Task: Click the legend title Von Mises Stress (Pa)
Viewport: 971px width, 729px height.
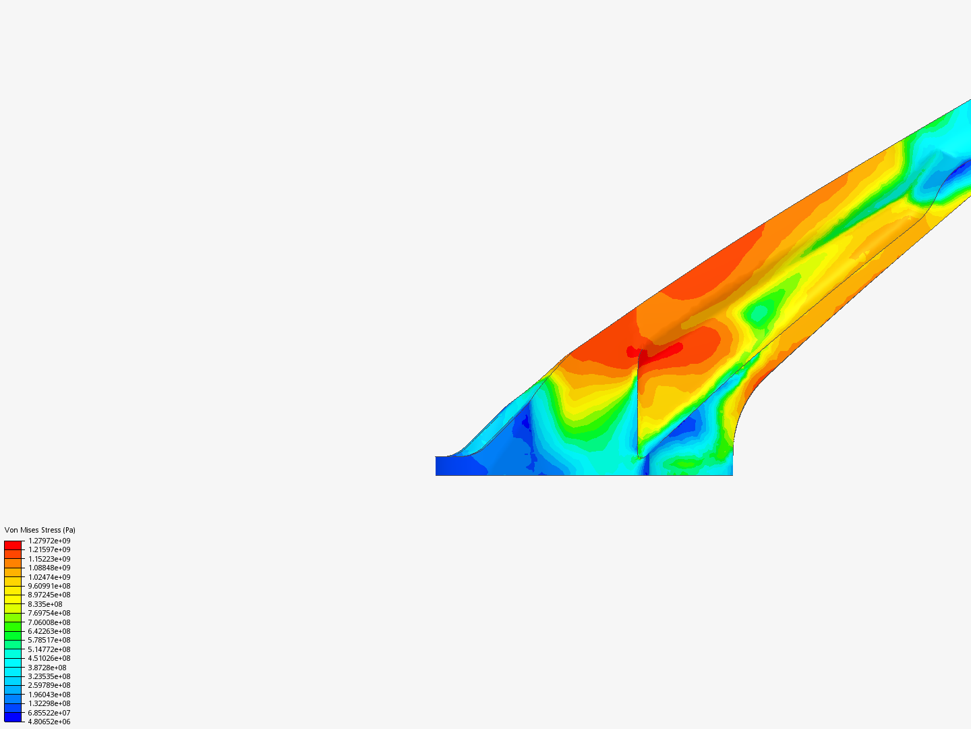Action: [x=40, y=530]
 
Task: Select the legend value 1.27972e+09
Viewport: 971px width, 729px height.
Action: [x=49, y=541]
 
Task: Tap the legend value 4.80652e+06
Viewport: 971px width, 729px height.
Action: [x=49, y=722]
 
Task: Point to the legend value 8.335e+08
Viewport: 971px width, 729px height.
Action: [x=45, y=604]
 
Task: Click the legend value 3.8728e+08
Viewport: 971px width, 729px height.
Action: [x=47, y=668]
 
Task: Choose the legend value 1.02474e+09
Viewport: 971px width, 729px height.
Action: [x=49, y=577]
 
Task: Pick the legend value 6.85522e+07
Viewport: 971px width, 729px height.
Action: [x=49, y=713]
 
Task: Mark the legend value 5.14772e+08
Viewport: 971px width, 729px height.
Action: [x=49, y=649]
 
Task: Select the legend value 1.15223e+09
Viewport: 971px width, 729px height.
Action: [x=49, y=559]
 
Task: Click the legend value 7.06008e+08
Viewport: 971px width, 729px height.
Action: [x=49, y=622]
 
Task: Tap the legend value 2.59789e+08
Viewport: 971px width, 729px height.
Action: [x=49, y=685]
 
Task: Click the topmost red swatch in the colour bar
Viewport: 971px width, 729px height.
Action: [x=13, y=545]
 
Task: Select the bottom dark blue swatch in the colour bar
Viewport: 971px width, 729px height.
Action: [x=13, y=717]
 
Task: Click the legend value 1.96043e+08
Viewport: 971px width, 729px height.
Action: [x=49, y=695]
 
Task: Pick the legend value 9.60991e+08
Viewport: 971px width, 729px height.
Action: [x=49, y=586]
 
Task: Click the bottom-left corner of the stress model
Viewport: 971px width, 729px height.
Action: [x=437, y=475]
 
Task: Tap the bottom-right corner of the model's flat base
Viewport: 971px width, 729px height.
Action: [x=732, y=475]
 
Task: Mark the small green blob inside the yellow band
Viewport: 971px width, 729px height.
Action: [x=759, y=313]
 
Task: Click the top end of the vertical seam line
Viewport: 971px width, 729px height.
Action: [x=638, y=352]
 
